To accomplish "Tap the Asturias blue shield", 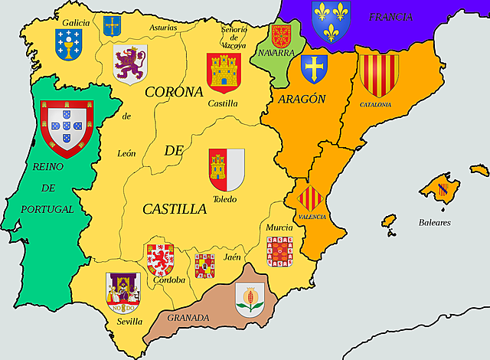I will coord(113,25).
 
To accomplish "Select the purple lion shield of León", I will coord(129,63).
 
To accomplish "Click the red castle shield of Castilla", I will coord(224,73).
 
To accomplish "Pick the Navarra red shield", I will coord(281,37).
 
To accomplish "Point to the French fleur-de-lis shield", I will coord(331,21).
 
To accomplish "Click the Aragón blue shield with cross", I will coord(314,69).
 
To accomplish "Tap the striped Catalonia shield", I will coord(378,74).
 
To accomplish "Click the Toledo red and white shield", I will coord(227,169).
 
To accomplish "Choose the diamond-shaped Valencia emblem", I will coord(311,201).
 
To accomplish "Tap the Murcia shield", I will coord(279,250).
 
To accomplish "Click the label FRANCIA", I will coord(390,16).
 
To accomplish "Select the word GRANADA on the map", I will coord(188,317).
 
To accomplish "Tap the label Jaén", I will coord(232,257).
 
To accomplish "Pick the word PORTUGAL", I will coord(47,208).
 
